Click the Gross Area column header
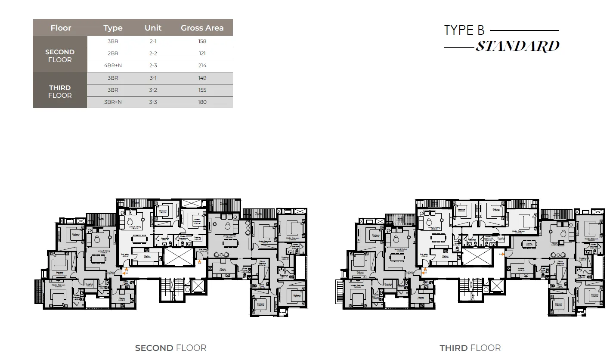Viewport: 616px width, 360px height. tap(202, 28)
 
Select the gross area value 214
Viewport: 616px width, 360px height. tap(202, 65)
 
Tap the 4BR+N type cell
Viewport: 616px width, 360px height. tap(113, 65)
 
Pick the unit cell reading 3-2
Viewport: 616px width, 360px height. tap(153, 90)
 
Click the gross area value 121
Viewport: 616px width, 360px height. tap(202, 53)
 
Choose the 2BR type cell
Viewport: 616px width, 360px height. tap(113, 53)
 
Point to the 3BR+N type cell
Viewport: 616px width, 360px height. tap(113, 102)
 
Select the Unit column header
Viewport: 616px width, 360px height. tap(153, 28)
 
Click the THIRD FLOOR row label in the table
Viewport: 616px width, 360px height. tap(60, 91)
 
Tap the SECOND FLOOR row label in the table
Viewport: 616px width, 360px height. tap(60, 56)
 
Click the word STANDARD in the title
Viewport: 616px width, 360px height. tap(517, 47)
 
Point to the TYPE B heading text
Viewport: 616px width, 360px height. tap(464, 31)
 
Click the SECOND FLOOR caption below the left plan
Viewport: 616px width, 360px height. tap(170, 348)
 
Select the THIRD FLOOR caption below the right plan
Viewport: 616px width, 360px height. tap(470, 348)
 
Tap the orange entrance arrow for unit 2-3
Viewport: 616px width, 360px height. tap(200, 261)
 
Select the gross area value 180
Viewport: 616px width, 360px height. tap(202, 102)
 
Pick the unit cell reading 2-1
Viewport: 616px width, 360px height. tap(153, 41)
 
